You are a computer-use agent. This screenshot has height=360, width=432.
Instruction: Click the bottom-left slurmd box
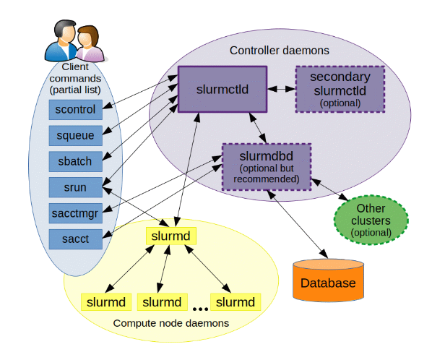(x=104, y=301)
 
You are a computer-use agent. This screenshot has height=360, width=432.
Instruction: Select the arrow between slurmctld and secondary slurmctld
(x=281, y=90)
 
